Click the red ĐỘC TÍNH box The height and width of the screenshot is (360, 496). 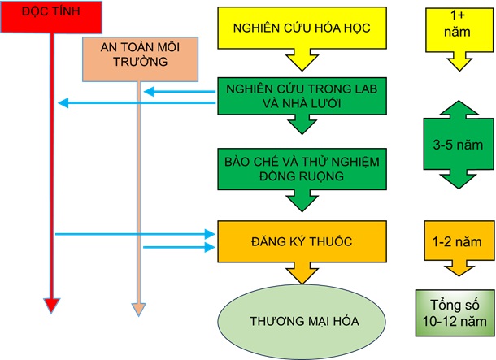tap(51, 17)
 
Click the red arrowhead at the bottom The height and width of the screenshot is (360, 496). tap(51, 306)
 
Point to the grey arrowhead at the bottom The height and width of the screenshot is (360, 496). tap(138, 308)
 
